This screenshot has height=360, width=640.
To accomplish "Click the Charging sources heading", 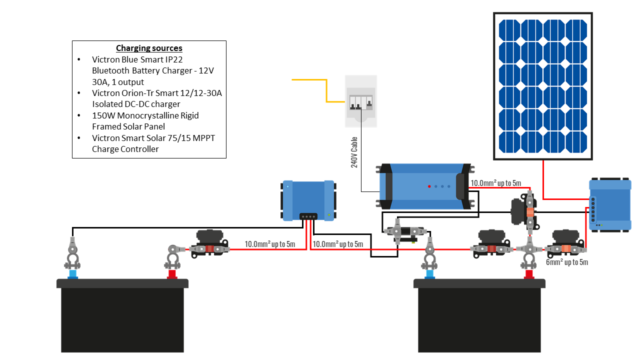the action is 149,48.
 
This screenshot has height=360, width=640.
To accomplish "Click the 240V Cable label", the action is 354,152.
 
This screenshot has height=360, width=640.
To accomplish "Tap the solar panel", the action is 543,86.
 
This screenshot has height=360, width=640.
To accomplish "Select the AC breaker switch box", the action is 361,101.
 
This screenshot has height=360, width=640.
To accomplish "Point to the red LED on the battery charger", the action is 429,186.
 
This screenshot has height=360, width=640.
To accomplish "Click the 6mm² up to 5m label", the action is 567,262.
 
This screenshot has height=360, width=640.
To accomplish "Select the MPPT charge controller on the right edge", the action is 610,204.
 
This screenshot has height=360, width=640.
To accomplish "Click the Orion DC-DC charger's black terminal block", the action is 308,216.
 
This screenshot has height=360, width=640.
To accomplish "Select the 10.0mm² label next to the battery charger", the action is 495,183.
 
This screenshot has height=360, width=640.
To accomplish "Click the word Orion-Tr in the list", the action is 133,93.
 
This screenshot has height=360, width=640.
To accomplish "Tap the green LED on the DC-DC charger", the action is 329,215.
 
